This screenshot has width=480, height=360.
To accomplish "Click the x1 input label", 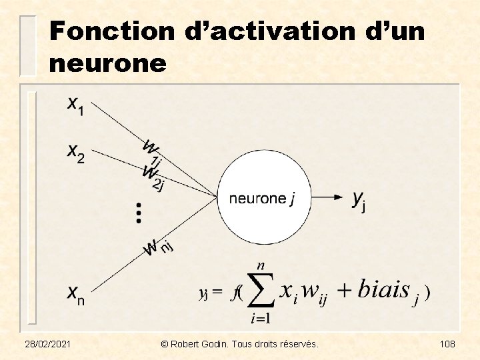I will pos(76,105).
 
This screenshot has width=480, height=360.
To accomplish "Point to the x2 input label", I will pos(76,153).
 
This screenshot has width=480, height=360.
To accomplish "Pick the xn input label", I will pos(76,293).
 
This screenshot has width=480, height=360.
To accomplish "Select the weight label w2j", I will pos(153,176).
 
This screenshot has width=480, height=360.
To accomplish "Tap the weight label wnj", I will pos(159,248).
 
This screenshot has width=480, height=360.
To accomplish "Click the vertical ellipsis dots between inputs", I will pos(139,212).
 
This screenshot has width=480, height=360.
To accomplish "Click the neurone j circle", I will pos(262,198).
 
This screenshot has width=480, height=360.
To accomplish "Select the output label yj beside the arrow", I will pos(359,199).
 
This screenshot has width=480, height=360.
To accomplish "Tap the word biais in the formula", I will pos(384,290).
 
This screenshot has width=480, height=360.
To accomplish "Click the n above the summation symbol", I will pos(261,265).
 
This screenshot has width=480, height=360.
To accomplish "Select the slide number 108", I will pos(447,343).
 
